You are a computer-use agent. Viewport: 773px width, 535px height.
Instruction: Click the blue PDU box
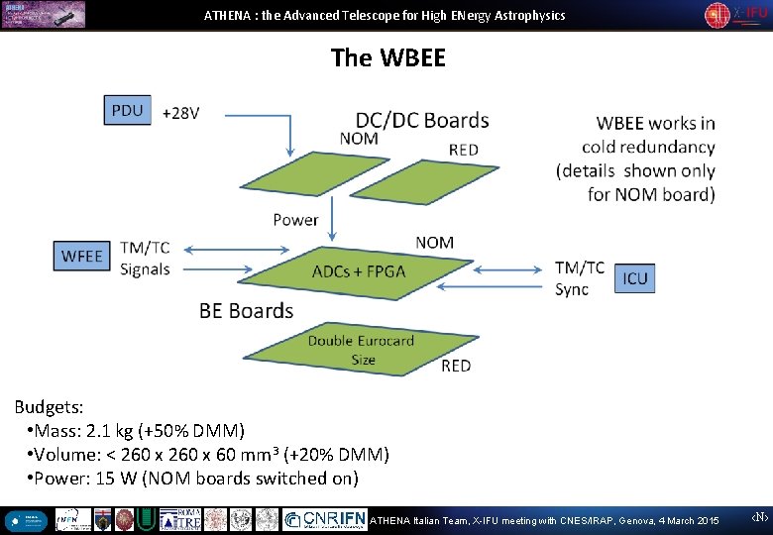pos(128,110)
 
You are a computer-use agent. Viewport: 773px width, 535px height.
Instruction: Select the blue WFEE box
pos(81,256)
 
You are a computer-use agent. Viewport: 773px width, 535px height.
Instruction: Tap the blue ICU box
pos(634,278)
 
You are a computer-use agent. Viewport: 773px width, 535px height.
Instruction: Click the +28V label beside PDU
pos(180,113)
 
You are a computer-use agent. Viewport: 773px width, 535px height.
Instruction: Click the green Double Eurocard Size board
pos(360,349)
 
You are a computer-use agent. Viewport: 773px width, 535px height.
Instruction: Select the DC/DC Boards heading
pos(422,120)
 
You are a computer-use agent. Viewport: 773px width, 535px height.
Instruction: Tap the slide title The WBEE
pos(388,57)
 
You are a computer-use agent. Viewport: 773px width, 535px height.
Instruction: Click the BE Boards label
pos(246,310)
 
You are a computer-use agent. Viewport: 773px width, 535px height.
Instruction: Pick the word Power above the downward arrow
pos(295,219)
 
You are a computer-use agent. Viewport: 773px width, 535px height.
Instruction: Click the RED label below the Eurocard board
pos(456,366)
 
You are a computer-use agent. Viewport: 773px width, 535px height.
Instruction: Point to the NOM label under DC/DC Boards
pos(359,139)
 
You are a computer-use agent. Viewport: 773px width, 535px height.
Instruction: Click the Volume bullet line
pos(209,454)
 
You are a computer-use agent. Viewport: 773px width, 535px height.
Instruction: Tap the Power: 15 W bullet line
pos(193,478)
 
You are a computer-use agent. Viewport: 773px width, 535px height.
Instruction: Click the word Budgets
pos(49,406)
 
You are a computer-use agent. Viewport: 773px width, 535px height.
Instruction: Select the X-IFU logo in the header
pos(735,15)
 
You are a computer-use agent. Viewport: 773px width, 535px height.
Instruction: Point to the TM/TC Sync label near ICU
pos(579,278)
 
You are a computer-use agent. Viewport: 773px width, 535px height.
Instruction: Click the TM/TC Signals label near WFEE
pos(145,258)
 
